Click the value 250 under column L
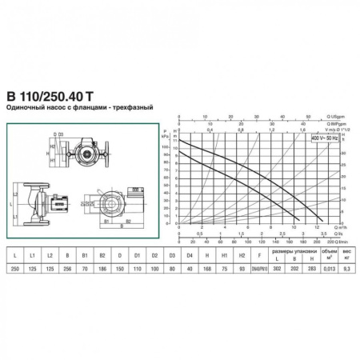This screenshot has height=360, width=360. [x=15, y=270]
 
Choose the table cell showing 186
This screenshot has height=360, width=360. [x=102, y=270]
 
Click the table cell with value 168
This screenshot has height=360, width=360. [x=206, y=270]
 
